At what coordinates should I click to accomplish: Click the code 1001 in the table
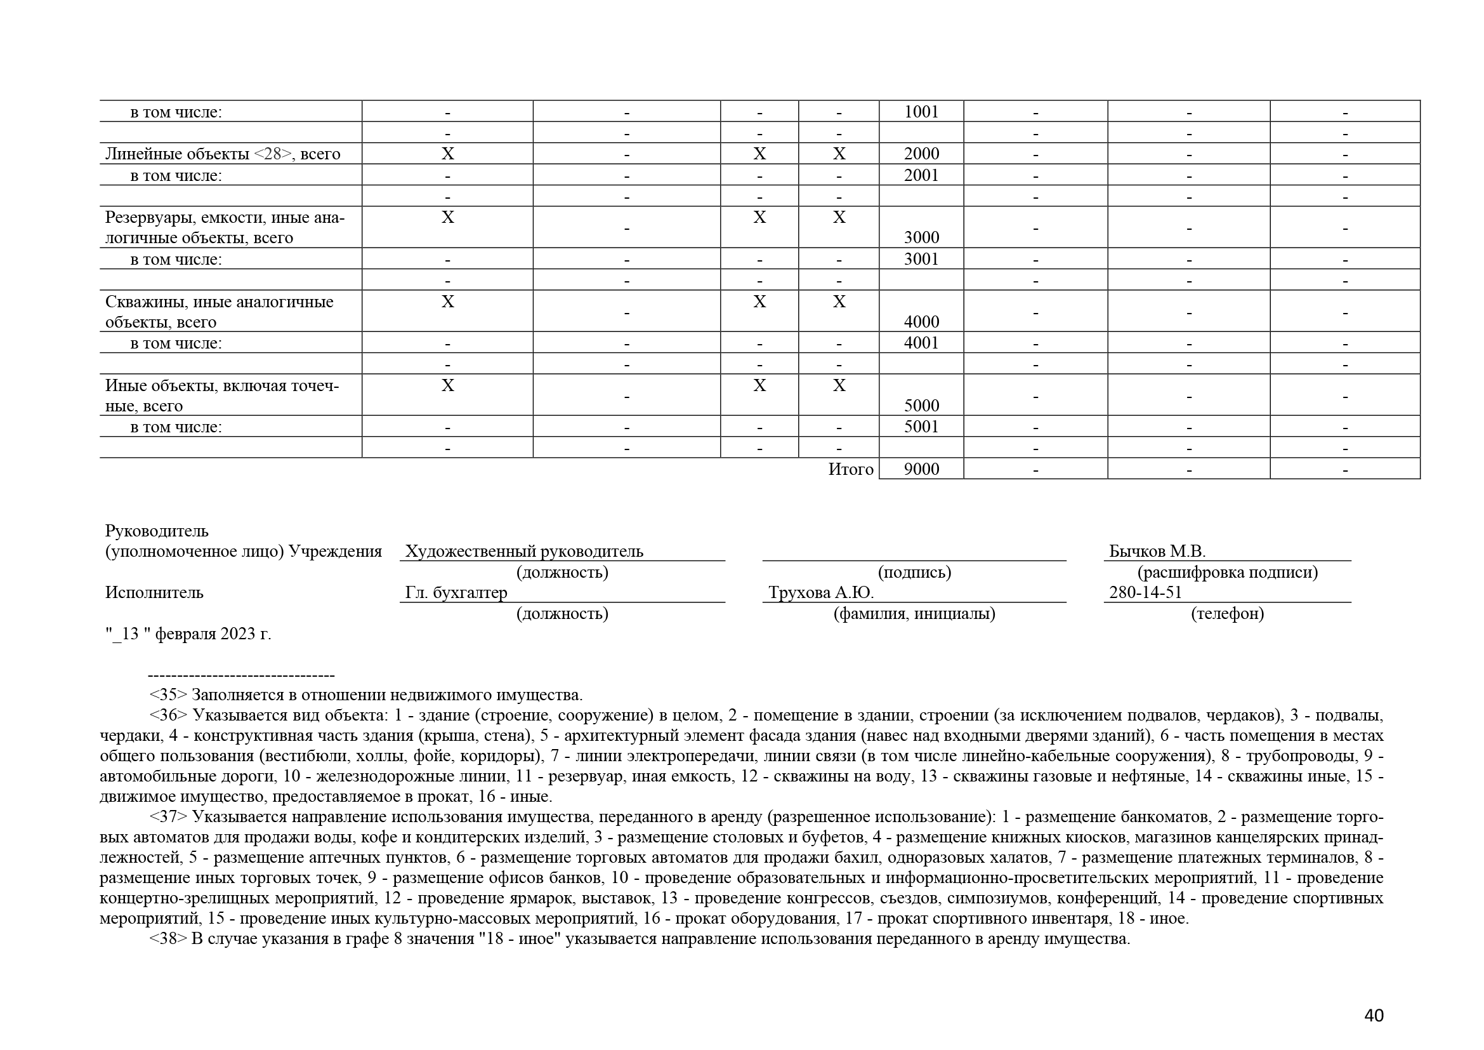coord(921,112)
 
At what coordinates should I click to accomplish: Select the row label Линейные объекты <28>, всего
coord(222,154)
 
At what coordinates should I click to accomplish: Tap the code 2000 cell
coord(921,154)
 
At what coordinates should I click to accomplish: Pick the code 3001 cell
coord(921,258)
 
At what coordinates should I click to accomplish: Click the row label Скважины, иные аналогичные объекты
coord(219,311)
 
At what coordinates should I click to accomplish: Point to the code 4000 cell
coord(921,321)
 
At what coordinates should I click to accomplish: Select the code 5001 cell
coord(921,427)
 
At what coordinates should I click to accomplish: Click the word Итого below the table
coord(850,469)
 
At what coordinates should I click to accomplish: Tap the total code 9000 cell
coord(921,469)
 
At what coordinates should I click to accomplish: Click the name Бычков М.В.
coord(1157,552)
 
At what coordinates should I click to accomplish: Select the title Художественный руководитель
coord(523,552)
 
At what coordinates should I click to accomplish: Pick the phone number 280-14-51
coord(1145,592)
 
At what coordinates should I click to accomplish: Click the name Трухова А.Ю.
coord(820,592)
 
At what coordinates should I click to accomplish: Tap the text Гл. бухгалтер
coord(456,592)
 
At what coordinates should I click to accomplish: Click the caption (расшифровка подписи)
coord(1227,572)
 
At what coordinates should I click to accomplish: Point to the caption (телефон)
coord(1227,614)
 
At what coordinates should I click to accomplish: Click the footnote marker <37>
coord(168,816)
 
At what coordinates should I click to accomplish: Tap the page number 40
coord(1374,1016)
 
